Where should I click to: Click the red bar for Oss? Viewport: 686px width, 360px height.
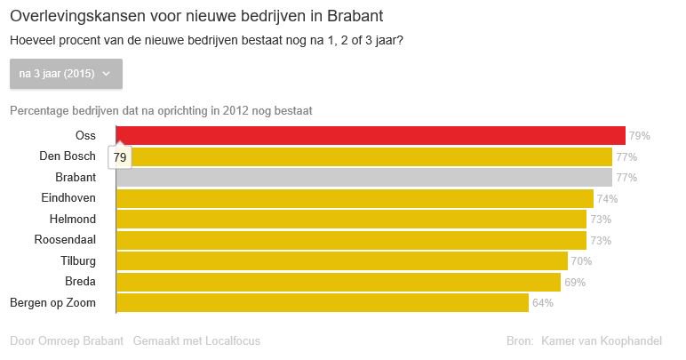coord(371,136)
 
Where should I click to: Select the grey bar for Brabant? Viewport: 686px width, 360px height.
coord(364,178)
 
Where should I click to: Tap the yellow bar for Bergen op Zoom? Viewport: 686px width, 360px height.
coord(323,303)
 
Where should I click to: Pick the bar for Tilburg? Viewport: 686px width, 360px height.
coord(342,261)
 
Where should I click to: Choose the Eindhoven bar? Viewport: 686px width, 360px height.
coord(355,198)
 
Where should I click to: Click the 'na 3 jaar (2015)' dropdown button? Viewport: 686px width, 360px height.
coord(66,74)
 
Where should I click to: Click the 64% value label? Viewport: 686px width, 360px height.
coord(542,303)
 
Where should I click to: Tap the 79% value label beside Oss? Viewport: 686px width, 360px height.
coord(640,137)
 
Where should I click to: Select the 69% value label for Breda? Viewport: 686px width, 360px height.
coord(574,283)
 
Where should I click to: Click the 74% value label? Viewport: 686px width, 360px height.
coord(607,199)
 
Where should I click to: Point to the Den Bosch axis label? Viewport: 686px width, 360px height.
coord(68,156)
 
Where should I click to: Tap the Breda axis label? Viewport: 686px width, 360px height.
coord(81,282)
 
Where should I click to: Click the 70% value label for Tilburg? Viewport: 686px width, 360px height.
coord(581,261)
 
